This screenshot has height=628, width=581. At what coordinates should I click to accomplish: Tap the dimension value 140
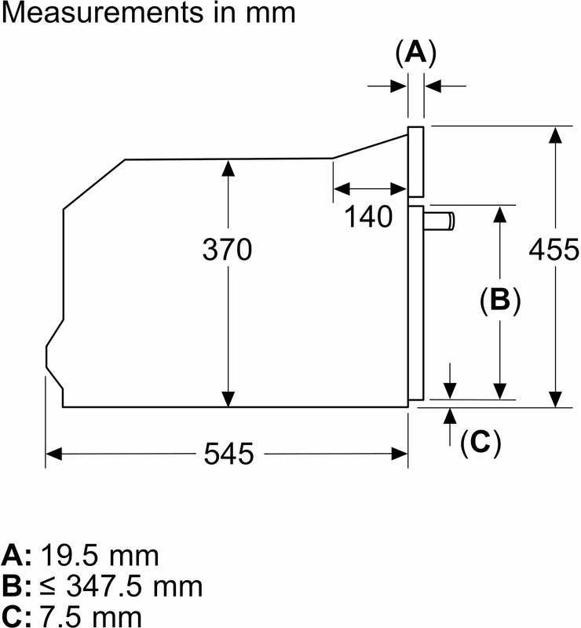[x=369, y=216]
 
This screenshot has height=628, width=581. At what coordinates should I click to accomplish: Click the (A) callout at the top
[x=415, y=53]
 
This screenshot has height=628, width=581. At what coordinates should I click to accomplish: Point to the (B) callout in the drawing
[x=500, y=300]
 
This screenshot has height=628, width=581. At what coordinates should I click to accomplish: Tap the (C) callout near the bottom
[x=480, y=444]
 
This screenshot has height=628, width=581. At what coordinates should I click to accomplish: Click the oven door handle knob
[x=440, y=221]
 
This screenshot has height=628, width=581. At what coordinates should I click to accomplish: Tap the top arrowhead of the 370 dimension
[x=228, y=167]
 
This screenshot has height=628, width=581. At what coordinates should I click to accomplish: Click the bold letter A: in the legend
[x=18, y=556]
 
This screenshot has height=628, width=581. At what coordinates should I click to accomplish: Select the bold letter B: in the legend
[x=18, y=586]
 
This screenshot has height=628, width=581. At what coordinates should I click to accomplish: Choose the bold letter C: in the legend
[x=18, y=615]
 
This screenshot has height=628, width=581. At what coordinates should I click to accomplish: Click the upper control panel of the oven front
[x=416, y=161]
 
